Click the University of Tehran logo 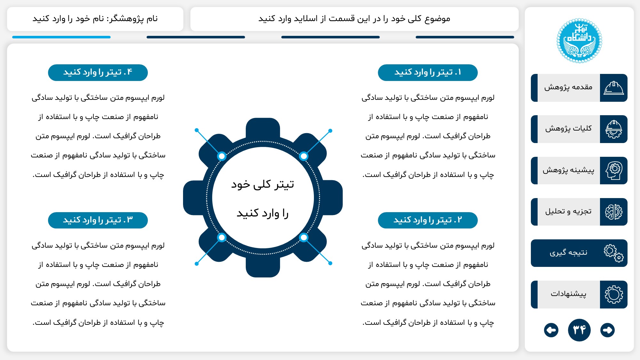pos(579,41)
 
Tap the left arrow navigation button pos(551,330)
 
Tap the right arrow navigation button pos(607,330)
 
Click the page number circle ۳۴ pos(579,330)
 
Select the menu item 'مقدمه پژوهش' pos(568,88)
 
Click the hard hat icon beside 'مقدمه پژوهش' pos(613,88)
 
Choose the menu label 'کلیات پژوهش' pos(568,129)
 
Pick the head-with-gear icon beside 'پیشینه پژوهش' pos(613,171)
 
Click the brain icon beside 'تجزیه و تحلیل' pos(613,212)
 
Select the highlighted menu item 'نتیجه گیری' pos(568,253)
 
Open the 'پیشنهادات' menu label pos(568,294)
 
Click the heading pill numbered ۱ pos(428,73)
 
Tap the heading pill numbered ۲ pos(428,220)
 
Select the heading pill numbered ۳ pos(98,220)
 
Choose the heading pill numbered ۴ pos(98,73)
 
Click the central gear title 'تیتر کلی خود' pos(263,185)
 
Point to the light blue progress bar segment pos(61,37)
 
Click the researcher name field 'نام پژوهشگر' pos(95,19)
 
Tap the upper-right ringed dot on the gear pos(303,156)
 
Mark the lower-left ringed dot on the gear pos(221,237)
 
